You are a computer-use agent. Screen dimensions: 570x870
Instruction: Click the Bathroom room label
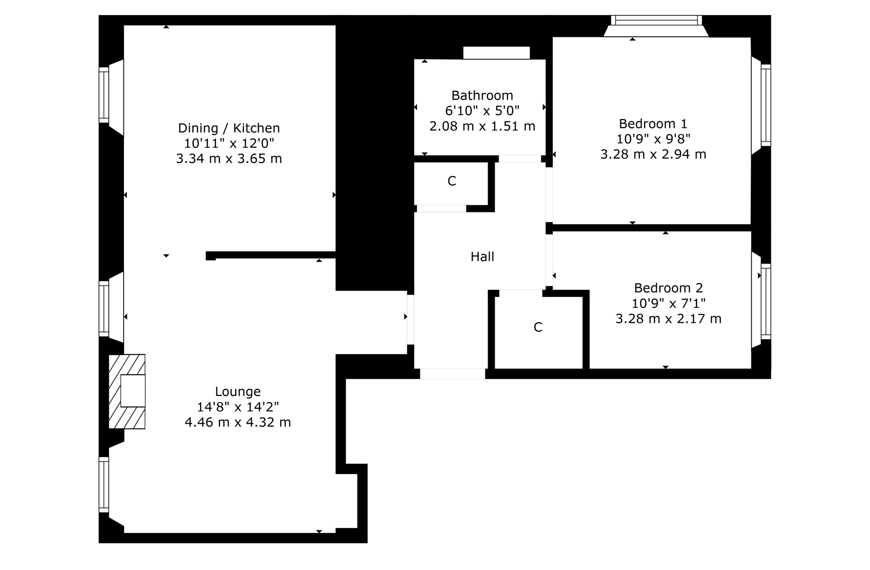(x=482, y=96)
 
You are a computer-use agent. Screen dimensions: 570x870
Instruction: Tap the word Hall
(x=482, y=257)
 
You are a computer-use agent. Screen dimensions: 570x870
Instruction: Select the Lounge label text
(x=238, y=392)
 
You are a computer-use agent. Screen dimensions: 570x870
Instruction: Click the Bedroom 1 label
(x=653, y=124)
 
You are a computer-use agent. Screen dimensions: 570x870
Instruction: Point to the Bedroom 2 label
(x=668, y=288)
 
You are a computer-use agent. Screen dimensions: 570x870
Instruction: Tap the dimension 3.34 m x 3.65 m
(x=229, y=159)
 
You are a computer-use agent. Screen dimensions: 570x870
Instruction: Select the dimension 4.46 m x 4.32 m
(x=238, y=422)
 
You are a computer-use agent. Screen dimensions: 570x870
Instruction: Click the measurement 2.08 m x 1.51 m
(x=482, y=126)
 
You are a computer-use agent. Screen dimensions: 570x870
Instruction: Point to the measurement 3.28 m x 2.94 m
(x=653, y=154)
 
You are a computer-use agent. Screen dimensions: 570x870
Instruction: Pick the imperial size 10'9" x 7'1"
(x=668, y=304)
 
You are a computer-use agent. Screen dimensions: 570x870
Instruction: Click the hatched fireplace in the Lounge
(x=127, y=391)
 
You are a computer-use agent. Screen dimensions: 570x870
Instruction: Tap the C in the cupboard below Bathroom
(x=451, y=181)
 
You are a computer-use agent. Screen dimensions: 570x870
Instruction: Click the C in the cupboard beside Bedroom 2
(x=537, y=327)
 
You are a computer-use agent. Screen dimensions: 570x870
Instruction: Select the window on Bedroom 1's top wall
(x=656, y=20)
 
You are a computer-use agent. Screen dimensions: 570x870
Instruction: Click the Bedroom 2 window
(x=765, y=301)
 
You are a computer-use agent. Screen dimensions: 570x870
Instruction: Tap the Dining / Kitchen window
(x=104, y=95)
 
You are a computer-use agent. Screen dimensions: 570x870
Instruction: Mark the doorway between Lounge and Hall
(x=411, y=319)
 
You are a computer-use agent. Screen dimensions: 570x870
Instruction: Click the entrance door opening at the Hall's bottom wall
(x=452, y=374)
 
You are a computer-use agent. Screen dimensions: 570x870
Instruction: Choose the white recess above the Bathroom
(x=496, y=53)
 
